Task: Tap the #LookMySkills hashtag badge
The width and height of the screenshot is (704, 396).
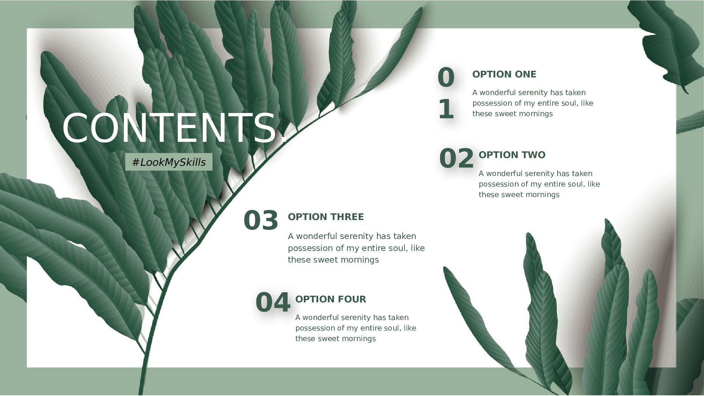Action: (x=169, y=162)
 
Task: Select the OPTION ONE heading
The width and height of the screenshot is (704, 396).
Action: (x=504, y=74)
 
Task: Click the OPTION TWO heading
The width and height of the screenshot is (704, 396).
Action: (x=512, y=155)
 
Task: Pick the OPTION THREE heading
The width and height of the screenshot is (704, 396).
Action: (x=326, y=217)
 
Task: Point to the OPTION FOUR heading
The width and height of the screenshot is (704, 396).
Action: (x=331, y=299)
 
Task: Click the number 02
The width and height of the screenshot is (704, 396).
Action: (x=457, y=158)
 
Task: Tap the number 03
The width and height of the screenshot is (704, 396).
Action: (x=261, y=220)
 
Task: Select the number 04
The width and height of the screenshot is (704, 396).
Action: (x=273, y=302)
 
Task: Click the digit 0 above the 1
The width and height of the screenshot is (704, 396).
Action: (x=446, y=77)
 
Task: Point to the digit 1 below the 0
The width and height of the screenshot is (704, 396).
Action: (x=446, y=109)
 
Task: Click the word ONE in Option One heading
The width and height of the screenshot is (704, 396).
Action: (x=526, y=74)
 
